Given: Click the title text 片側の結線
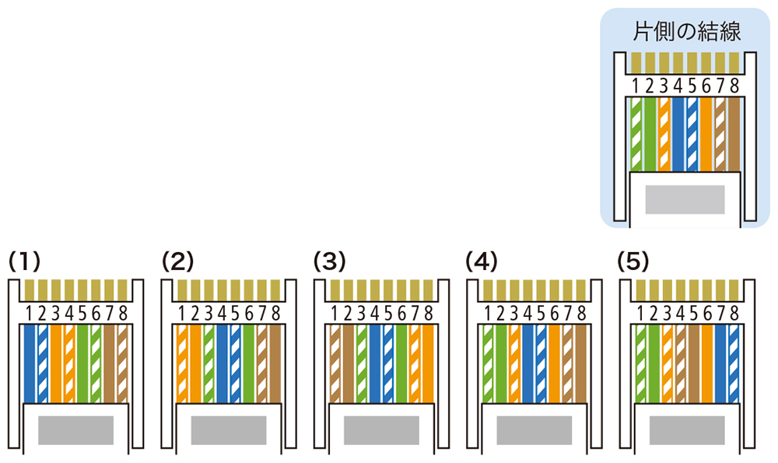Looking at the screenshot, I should click(x=684, y=32).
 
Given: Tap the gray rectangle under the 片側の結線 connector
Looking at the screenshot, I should click(x=684, y=200).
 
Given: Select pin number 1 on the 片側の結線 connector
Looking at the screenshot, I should click(x=636, y=86).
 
